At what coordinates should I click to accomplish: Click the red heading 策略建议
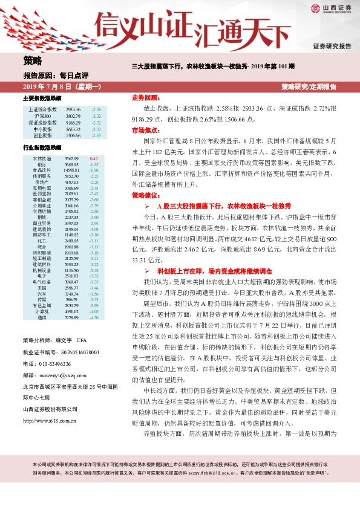point(146,196)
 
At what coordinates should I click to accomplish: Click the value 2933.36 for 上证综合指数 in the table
point(73,109)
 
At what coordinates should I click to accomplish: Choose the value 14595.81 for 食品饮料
point(72,170)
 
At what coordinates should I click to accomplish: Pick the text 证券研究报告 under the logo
point(332,46)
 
